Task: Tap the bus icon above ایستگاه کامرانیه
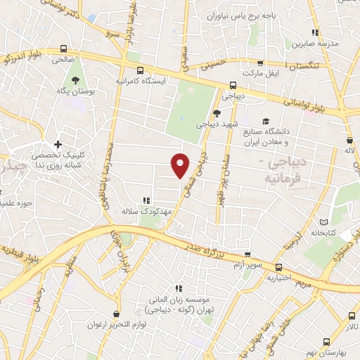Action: pos(140,70)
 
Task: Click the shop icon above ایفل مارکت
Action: pos(260,62)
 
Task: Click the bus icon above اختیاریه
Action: pos(279,266)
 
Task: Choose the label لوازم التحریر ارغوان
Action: pos(116,326)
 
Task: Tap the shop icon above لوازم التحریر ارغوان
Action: pos(116,314)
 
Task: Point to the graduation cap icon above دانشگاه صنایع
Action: pos(266,120)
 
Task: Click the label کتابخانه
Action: pos(325,232)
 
